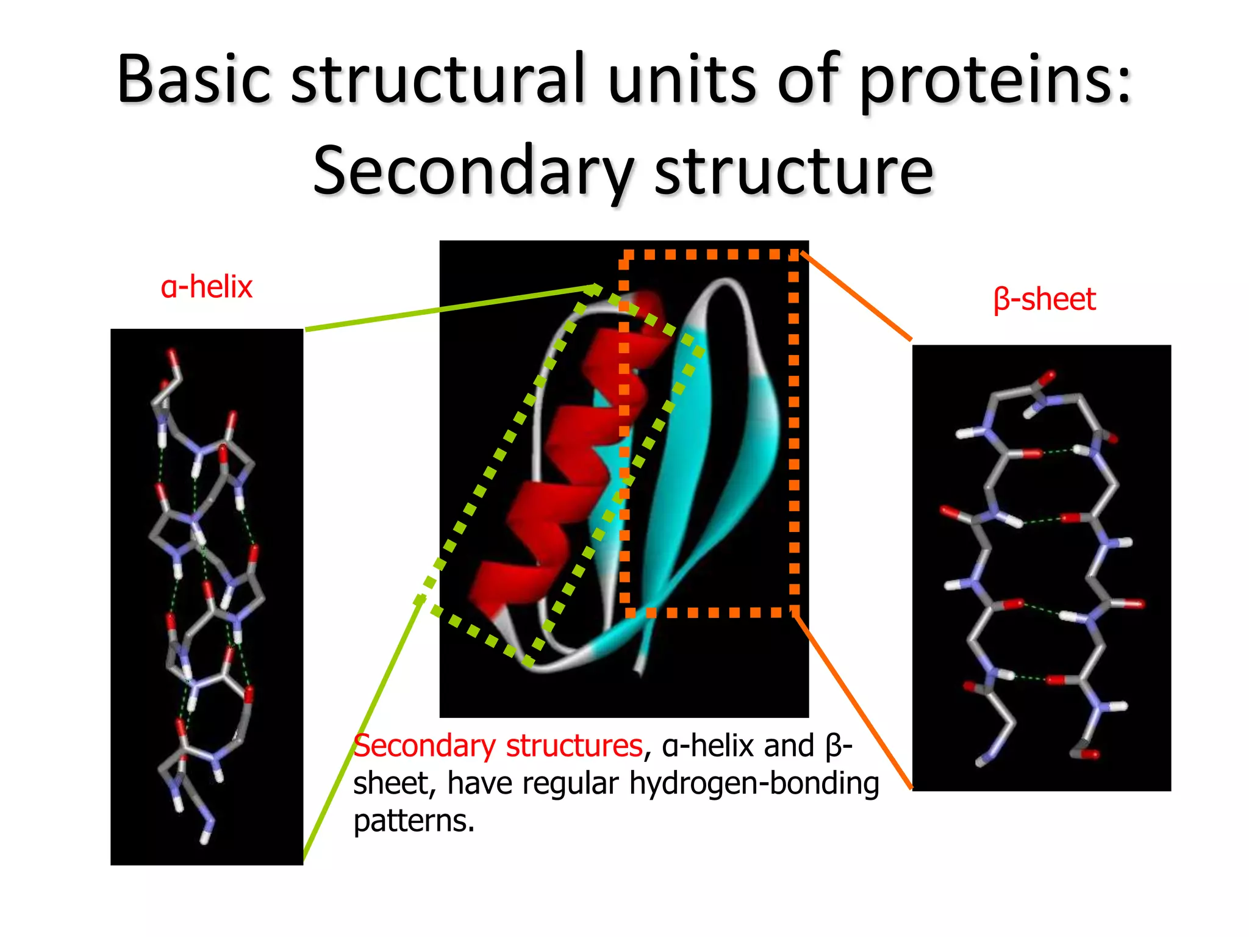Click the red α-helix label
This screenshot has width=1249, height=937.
pos(206,287)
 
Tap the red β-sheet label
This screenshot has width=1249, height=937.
pos(1044,299)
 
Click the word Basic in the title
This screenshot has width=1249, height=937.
pos(194,79)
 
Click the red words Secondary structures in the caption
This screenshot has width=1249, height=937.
pos(498,745)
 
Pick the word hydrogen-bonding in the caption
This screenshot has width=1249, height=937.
pos(754,783)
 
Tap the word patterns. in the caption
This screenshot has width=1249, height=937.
pos(413,821)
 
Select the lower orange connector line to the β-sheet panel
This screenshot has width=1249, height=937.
pos(854,702)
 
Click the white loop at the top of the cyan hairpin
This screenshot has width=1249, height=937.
pos(726,284)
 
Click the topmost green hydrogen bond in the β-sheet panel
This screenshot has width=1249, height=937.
pos(1058,451)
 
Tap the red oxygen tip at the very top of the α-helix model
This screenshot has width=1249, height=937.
pos(173,356)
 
